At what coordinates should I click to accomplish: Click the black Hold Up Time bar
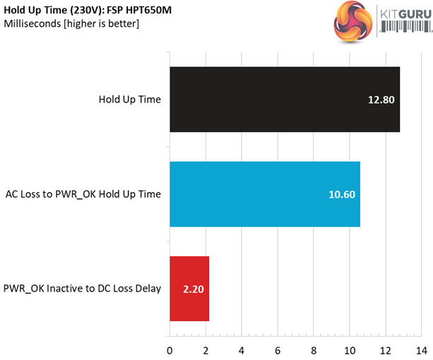[283, 100]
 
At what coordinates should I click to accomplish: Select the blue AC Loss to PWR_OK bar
[265, 194]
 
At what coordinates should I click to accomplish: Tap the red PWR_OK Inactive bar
[189, 288]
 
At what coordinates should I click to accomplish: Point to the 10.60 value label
[340, 194]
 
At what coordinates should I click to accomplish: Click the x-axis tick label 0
[170, 350]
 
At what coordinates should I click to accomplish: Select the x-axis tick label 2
[206, 350]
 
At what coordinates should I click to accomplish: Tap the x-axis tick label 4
[242, 350]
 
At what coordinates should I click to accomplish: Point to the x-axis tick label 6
[278, 350]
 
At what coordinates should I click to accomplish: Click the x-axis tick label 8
[314, 350]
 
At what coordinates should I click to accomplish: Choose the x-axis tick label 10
[350, 350]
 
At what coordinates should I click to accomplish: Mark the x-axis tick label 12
[386, 350]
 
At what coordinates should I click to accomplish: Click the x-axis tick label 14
[422, 350]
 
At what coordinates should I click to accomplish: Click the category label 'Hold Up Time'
[129, 100]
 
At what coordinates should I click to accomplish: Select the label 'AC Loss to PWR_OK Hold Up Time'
[83, 194]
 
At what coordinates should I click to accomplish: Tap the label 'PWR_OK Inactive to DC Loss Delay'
[82, 288]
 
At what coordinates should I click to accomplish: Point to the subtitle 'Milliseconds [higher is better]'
[71, 24]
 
